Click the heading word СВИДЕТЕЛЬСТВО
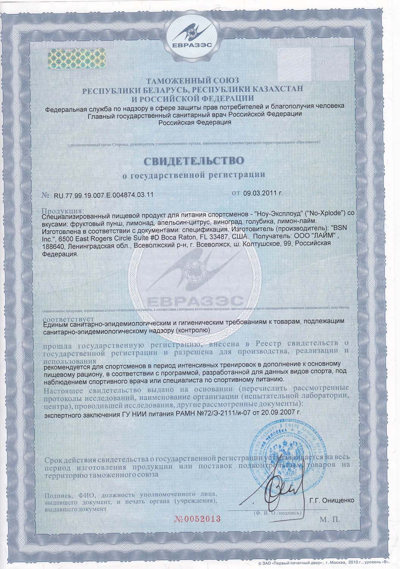point(194,160)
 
